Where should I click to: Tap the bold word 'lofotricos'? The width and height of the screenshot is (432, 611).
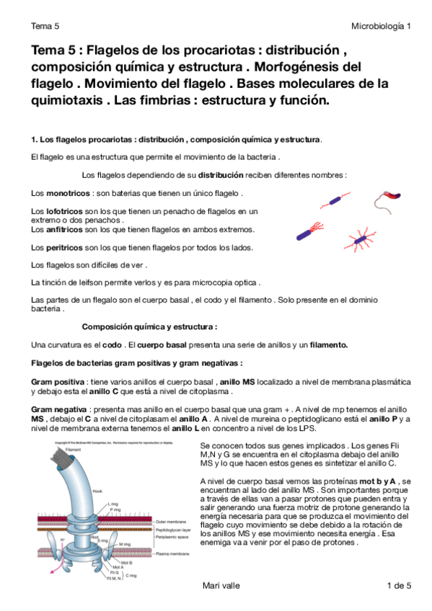click(66, 211)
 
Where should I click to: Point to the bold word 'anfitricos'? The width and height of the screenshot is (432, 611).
click(66, 229)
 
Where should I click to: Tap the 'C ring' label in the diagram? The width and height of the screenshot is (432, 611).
click(131, 576)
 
